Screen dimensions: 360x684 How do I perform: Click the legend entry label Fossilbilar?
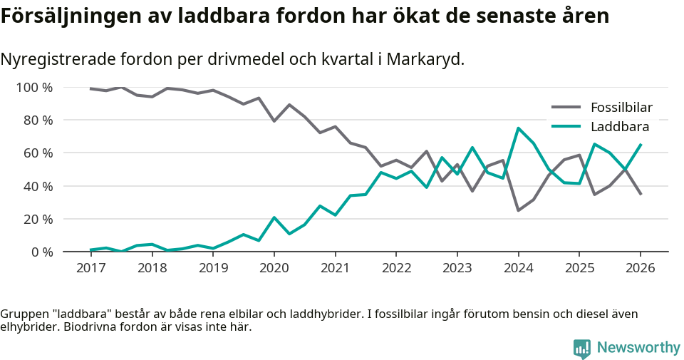coord(621,108)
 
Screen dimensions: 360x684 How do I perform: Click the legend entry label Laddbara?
coord(619,127)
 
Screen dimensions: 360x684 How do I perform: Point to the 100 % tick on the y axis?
coord(35,88)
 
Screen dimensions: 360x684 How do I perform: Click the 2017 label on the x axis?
coord(91,268)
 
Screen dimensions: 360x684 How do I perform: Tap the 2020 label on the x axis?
coord(274,268)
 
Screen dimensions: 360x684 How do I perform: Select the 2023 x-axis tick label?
coord(457,268)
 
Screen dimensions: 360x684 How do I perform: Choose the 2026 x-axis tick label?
coord(640,268)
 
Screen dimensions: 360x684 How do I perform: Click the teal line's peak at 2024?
coord(518,128)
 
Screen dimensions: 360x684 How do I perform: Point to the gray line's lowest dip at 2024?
coord(518,210)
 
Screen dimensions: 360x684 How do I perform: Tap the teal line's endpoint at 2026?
coord(640,145)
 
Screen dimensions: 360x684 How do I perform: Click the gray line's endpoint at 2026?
coord(640,194)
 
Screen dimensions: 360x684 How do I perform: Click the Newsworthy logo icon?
coord(581,348)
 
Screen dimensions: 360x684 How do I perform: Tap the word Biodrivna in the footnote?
coord(116,327)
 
